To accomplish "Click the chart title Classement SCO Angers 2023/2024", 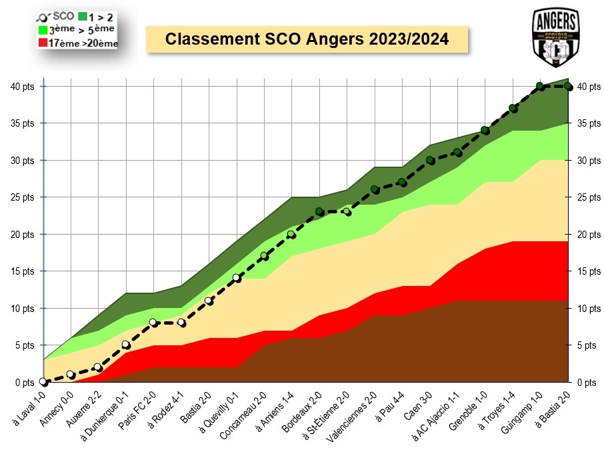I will pos(307,39).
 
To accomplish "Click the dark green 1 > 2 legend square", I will pos(82,16).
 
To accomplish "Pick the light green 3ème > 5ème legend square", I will pos(43,29).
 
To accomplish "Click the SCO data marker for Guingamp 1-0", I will pos(541,86).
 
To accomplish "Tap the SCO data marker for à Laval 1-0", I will pos(43,382).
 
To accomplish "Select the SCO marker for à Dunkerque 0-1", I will pos(126,345).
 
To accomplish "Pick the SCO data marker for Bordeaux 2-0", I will pos(319,212).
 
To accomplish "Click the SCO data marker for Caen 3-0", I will pos(430,160).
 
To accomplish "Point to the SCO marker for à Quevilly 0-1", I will pos(237,278).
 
